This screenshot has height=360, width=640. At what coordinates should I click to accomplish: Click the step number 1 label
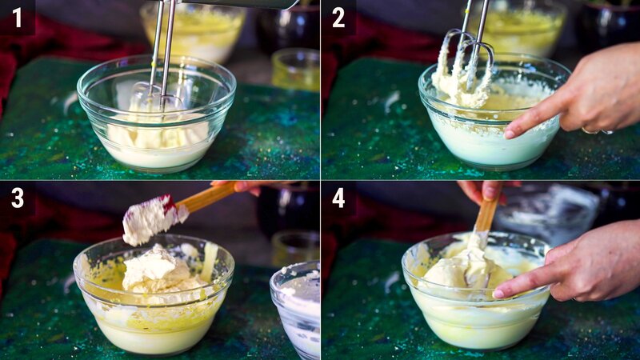point(17,17)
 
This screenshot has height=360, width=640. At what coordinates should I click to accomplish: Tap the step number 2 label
point(338,17)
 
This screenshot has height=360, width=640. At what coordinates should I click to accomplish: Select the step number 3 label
point(17,198)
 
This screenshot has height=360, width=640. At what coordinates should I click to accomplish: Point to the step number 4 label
point(338,198)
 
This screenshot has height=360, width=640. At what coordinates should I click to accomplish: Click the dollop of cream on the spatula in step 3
point(149,219)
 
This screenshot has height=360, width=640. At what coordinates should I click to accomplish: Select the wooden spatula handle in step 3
point(210,196)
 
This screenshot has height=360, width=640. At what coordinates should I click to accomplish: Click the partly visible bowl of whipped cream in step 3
point(298,308)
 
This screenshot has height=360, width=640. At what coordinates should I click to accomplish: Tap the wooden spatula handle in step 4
point(486,214)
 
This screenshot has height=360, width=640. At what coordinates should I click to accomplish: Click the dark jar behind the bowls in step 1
point(288,28)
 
